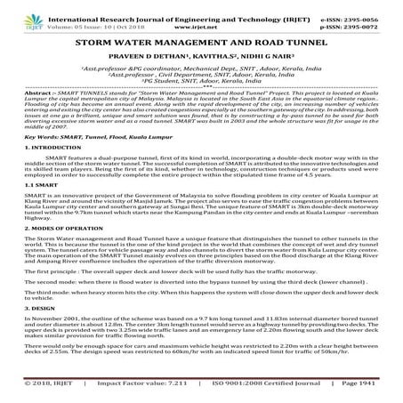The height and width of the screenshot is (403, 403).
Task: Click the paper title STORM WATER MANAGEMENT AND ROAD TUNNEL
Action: pos(202,41)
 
